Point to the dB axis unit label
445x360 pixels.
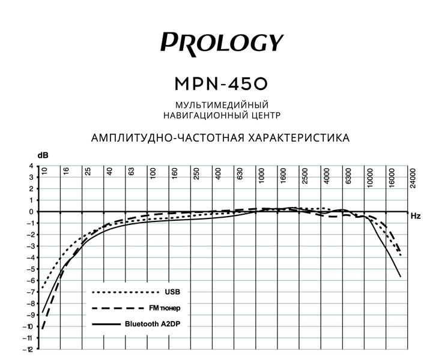(43, 155)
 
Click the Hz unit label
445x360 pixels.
(416, 215)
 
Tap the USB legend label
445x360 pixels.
(172, 292)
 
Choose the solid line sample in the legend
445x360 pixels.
(106, 324)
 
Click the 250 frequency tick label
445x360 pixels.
(196, 174)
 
